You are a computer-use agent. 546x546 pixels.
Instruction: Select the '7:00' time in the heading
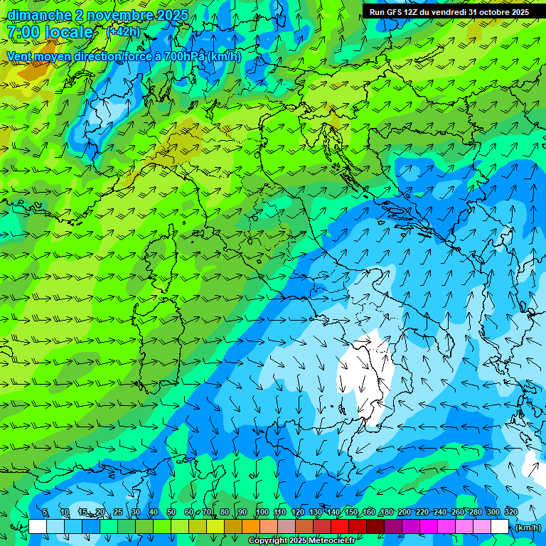click(x=23, y=32)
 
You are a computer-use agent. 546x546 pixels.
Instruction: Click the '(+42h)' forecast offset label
click(x=123, y=32)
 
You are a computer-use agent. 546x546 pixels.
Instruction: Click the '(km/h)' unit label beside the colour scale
click(x=528, y=528)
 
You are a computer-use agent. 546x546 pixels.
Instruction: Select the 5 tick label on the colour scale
click(x=45, y=513)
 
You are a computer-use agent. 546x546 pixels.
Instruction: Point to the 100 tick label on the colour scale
click(x=262, y=513)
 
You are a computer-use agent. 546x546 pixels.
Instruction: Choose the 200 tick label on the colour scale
click(x=405, y=513)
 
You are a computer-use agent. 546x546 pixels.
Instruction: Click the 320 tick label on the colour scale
click(x=510, y=513)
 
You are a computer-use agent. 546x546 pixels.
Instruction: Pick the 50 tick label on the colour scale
click(x=171, y=513)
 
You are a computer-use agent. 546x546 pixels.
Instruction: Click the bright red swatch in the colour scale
click(x=340, y=527)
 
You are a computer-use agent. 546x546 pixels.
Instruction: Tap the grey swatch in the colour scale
click(x=287, y=527)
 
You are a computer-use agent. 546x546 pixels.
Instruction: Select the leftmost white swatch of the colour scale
click(x=38, y=527)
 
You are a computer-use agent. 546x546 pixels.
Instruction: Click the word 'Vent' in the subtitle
click(x=20, y=56)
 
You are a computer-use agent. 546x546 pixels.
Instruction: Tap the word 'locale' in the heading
click(x=70, y=32)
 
